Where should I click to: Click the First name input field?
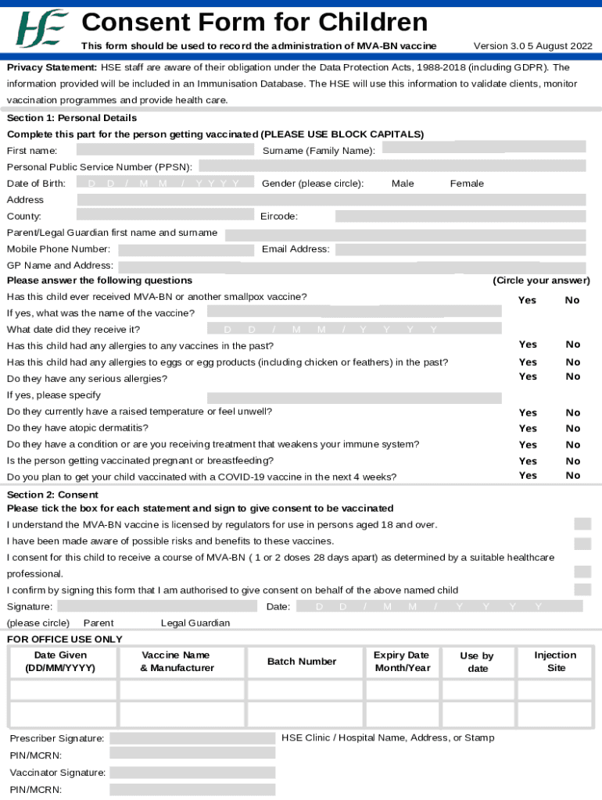(x=165, y=149)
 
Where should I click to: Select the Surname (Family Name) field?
(x=483, y=147)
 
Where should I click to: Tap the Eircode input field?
(x=460, y=216)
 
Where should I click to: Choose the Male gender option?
(x=403, y=184)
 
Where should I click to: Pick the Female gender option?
(x=467, y=184)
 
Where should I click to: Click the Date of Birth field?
(x=166, y=183)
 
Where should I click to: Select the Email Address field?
(x=460, y=249)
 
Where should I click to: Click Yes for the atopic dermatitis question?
(x=528, y=428)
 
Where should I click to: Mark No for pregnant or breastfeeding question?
(x=573, y=461)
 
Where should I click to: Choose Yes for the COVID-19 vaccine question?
(x=528, y=475)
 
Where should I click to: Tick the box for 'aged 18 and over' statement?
(x=582, y=524)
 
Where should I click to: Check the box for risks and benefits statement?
(x=582, y=544)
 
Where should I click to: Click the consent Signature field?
(x=157, y=606)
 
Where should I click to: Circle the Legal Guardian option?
(x=195, y=623)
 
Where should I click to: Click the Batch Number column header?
(x=302, y=662)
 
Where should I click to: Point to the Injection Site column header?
(x=555, y=662)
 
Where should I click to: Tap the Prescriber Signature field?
(x=192, y=738)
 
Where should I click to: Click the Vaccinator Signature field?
(x=192, y=773)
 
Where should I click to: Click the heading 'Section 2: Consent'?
(x=52, y=495)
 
